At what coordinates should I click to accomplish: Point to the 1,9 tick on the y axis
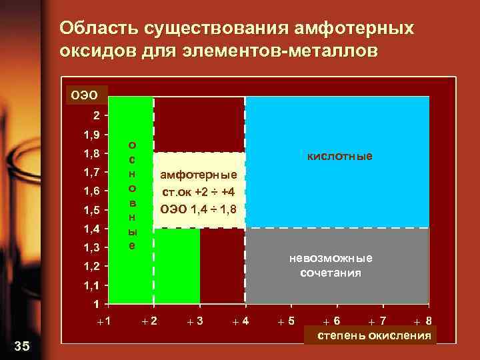91,135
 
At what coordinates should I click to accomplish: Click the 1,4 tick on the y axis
91,229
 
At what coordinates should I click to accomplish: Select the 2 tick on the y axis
97,115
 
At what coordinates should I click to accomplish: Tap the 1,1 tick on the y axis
91,285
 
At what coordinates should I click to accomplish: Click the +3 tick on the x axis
195,321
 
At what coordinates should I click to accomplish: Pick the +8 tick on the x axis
422,321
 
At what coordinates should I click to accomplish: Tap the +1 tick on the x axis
103,321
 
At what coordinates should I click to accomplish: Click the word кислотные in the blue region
339,156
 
